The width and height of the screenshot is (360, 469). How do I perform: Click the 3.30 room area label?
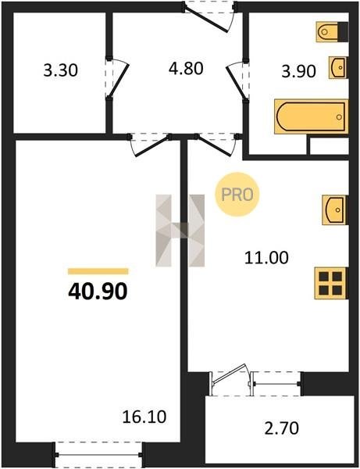60,71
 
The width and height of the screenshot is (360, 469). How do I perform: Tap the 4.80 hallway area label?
186,68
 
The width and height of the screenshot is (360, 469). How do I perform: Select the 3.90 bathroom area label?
299,71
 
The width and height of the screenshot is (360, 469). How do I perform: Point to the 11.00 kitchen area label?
266,258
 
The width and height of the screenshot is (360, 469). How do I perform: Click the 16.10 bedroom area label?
144,417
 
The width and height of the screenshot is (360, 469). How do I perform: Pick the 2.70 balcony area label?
281,428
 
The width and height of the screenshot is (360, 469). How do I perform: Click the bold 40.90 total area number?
98,292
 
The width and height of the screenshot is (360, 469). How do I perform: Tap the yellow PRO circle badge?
237,195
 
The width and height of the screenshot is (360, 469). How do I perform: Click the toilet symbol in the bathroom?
332,32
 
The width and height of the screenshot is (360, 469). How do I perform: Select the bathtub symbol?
312,116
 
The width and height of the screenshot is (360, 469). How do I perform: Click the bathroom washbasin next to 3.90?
338,67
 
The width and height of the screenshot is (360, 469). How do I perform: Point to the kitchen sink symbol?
335,210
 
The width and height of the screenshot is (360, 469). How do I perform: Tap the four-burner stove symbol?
331,283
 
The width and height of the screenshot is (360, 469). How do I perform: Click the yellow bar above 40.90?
98,271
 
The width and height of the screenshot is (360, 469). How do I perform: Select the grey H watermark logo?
180,231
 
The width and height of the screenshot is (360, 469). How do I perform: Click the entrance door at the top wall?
210,16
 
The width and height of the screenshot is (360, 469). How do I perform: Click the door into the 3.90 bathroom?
238,81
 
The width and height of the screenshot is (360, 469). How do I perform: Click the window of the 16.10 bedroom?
98,454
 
